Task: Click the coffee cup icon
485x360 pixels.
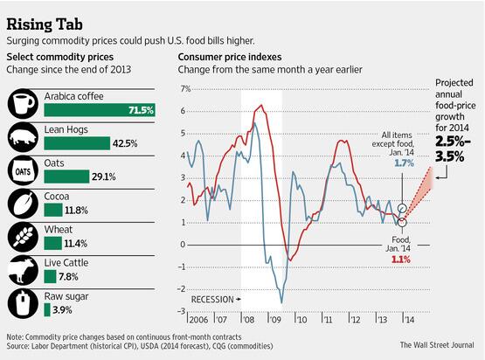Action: tap(22, 104)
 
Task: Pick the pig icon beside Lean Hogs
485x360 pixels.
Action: tap(22, 136)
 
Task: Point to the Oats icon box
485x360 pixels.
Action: tap(22, 170)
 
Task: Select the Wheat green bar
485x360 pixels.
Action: tap(52, 243)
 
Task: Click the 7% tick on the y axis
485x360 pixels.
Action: tap(184, 89)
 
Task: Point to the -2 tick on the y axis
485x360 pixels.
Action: tap(182, 289)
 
